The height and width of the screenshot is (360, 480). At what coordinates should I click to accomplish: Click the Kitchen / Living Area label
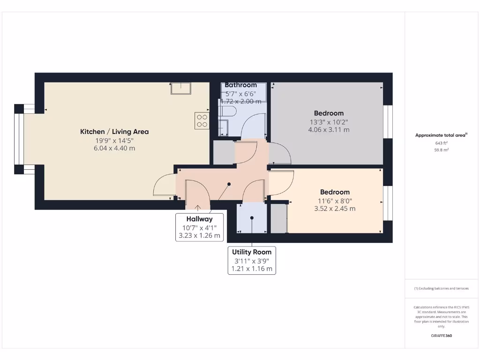tap(114, 132)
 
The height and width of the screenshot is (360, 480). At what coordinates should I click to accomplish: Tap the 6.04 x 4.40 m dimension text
tap(114, 148)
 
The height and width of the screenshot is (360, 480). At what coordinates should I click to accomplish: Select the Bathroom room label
tap(240, 85)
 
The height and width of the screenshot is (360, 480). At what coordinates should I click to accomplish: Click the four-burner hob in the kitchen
tap(202, 121)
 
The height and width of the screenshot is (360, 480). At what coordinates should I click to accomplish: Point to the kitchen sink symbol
tap(180, 88)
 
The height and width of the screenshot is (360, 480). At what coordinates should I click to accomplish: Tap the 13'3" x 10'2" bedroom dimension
tap(329, 122)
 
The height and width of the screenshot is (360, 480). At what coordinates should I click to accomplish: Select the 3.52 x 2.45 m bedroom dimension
tap(335, 209)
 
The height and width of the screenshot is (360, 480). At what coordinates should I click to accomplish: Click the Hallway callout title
tap(199, 219)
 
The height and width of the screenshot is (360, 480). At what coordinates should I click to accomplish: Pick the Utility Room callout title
tap(252, 252)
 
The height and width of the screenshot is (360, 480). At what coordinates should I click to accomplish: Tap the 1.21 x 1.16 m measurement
tap(252, 269)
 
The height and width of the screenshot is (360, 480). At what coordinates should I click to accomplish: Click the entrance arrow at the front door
tap(198, 208)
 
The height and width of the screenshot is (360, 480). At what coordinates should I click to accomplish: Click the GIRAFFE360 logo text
tap(441, 336)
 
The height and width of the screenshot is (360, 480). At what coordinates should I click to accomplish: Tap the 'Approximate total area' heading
tap(440, 135)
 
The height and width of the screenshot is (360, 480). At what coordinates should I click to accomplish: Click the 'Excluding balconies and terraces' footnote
tap(441, 289)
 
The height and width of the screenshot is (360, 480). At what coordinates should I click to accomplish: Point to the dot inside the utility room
tap(252, 218)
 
